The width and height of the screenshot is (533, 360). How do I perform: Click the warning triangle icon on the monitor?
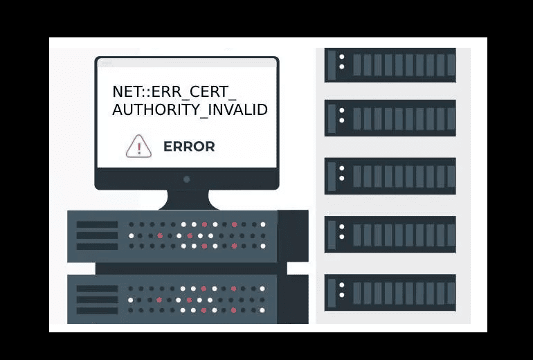pos(138,147)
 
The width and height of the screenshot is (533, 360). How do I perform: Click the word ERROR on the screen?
pos(189,147)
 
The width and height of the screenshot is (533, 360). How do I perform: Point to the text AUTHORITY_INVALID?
pos(190,110)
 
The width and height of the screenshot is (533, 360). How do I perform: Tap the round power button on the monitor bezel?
pos(187,179)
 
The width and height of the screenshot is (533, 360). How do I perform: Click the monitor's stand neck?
pos(187,199)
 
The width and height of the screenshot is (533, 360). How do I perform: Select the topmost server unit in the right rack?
pos(390,64)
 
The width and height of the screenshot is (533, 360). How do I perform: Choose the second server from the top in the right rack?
pos(390,118)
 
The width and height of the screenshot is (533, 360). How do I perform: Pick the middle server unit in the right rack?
pos(390,176)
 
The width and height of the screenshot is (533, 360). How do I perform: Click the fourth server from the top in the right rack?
pos(390,234)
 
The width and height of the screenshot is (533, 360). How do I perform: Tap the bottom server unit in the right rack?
pos(390,292)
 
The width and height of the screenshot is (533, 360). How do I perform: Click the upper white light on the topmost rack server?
pos(342,56)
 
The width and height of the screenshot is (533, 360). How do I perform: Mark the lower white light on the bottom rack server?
pos(342,295)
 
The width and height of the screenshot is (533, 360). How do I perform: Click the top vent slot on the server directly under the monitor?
pos(97,224)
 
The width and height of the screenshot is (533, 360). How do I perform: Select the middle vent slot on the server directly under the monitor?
pos(97,235)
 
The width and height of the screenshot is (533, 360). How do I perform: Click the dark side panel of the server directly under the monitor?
pos(292,235)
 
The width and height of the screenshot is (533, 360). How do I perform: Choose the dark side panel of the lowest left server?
pos(292,299)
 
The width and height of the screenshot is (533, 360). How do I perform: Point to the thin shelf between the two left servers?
pos(187,269)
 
